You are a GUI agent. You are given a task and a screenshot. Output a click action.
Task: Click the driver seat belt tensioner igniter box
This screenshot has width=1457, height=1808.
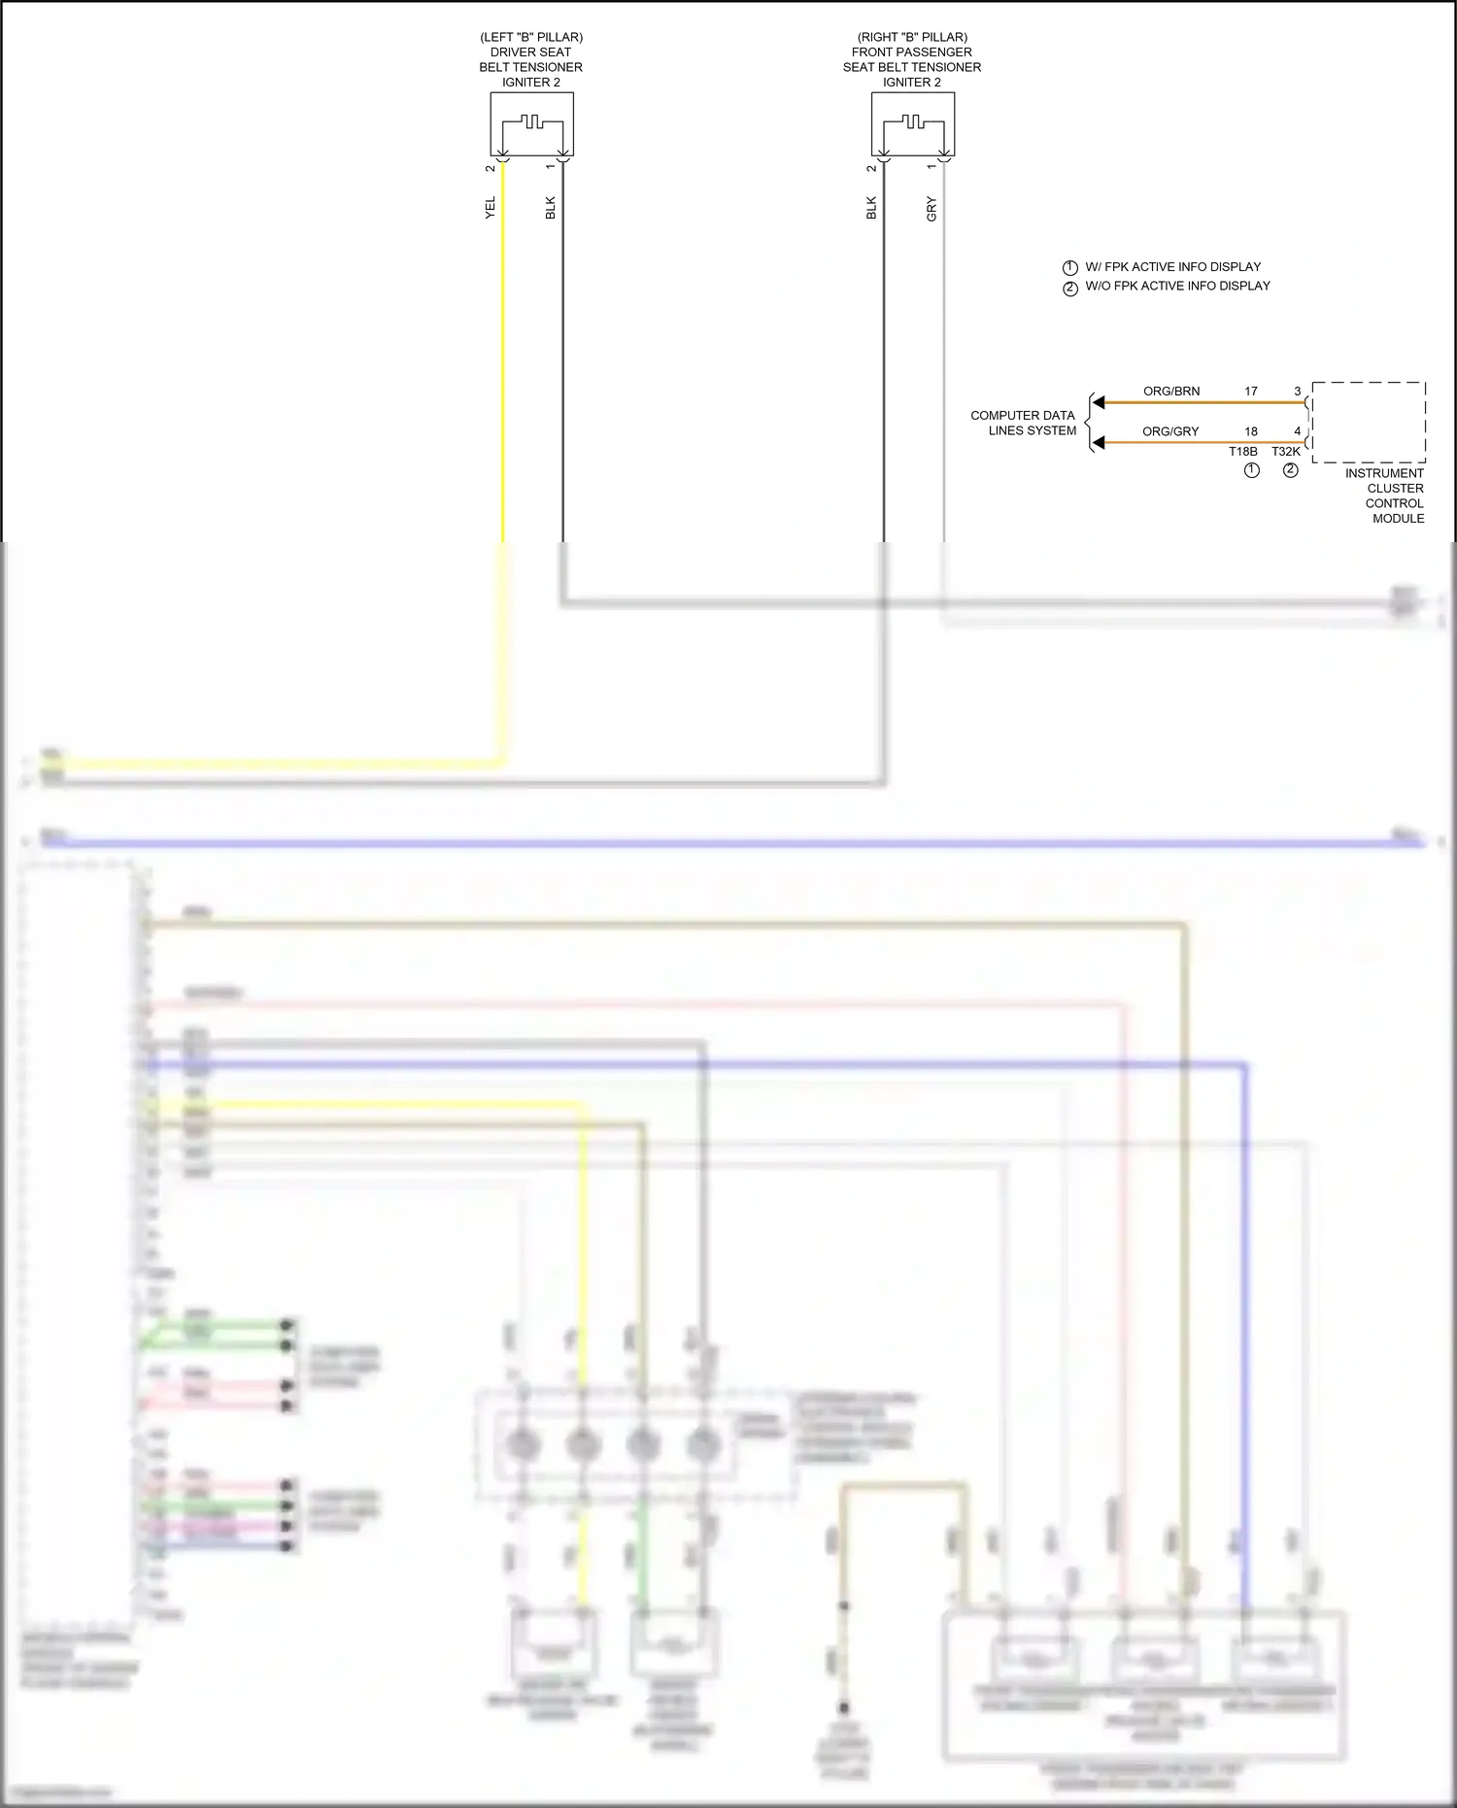pyautogui.click(x=531, y=124)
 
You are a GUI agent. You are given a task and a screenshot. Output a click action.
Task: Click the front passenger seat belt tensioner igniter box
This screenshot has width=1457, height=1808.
pyautogui.click(x=912, y=124)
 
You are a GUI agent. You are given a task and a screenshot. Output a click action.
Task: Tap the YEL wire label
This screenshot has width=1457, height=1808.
pyautogui.click(x=491, y=207)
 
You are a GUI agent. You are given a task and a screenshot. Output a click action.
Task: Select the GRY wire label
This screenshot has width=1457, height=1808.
pyautogui.click(x=932, y=209)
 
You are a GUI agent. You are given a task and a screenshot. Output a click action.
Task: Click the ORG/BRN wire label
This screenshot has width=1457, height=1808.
pyautogui.click(x=1170, y=392)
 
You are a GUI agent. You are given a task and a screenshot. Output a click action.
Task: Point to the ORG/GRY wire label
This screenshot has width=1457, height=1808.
pyautogui.click(x=1170, y=431)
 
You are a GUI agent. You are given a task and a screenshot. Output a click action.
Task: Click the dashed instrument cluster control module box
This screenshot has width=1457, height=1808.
pyautogui.click(x=1369, y=423)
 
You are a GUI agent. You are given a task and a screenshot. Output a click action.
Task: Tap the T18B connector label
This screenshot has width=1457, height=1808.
pyautogui.click(x=1242, y=452)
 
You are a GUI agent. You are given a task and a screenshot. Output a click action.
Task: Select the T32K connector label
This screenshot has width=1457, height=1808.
pyautogui.click(x=1286, y=452)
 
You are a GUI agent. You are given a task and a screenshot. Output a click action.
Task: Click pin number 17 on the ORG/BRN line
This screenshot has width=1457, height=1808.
pyautogui.click(x=1251, y=392)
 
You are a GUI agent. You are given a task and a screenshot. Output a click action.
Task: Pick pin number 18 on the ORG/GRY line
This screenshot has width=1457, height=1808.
pyautogui.click(x=1251, y=431)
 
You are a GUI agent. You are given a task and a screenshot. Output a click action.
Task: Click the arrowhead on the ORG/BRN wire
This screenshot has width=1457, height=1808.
pyautogui.click(x=1099, y=402)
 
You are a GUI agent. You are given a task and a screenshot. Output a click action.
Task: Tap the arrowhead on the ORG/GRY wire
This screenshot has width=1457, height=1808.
pyautogui.click(x=1099, y=443)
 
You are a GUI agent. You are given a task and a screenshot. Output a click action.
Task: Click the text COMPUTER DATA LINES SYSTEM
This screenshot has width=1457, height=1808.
pyautogui.click(x=1023, y=423)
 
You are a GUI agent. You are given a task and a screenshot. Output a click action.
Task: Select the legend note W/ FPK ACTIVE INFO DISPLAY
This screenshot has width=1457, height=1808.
pyautogui.click(x=1172, y=267)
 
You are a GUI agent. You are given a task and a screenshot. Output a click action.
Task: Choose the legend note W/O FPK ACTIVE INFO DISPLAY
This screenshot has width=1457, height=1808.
pyautogui.click(x=1177, y=286)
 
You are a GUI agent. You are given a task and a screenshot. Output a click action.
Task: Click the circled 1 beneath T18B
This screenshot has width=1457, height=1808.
pyautogui.click(x=1251, y=470)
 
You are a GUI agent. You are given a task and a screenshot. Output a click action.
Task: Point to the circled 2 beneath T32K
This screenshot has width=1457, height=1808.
pyautogui.click(x=1290, y=470)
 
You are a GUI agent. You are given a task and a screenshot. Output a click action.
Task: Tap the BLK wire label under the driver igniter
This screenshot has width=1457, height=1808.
pyautogui.click(x=551, y=208)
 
